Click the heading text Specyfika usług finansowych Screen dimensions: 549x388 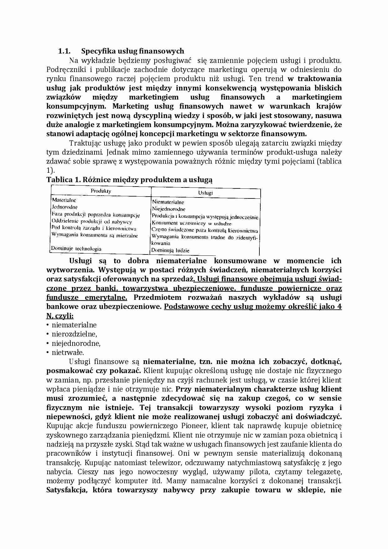tap(132, 51)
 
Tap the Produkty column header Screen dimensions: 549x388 tap(101, 191)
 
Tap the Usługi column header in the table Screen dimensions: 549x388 tap(205, 193)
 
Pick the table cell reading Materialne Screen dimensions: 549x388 tap(64, 200)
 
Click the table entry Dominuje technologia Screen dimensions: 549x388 tap(76, 249)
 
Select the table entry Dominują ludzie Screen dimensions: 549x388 tap(170, 250)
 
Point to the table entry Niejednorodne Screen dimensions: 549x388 tap(169, 209)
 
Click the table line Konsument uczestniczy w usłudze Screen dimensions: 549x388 tap(191, 223)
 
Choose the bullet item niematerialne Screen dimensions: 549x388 tap(74, 325)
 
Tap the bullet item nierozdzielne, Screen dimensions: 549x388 tap(74, 334)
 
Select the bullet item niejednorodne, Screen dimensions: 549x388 tap(76, 343)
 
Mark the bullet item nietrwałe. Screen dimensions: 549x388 tap(68, 352)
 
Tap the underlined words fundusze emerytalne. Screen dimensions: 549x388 tap(87, 297)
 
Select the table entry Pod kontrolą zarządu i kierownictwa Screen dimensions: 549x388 tap(94, 228)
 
